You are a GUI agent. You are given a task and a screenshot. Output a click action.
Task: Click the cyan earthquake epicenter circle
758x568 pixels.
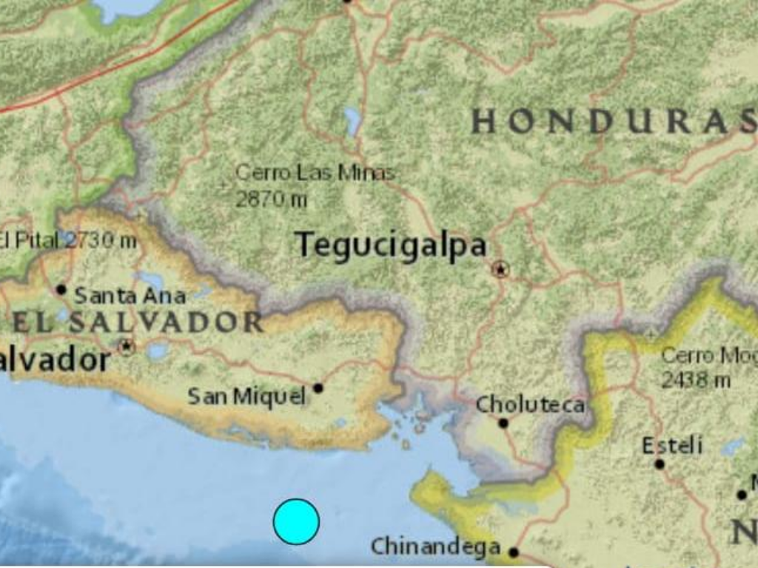[296, 521]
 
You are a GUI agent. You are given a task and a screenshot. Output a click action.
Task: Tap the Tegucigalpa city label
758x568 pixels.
[391, 246]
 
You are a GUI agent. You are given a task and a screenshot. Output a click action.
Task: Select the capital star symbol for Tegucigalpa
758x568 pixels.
[501, 269]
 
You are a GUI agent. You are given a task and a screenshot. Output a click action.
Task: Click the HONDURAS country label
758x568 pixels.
[613, 121]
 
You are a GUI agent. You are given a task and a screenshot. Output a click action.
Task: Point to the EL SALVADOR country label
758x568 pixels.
[138, 322]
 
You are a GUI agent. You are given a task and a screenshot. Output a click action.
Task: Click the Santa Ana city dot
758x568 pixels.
[61, 289]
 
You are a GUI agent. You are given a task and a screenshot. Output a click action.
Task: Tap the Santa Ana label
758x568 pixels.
[130, 296]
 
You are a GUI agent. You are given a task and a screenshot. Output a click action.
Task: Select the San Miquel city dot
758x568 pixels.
[318, 388]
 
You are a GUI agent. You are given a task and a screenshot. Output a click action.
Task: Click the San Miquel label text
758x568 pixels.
[246, 396]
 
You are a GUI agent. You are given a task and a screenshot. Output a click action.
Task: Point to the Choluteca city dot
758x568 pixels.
[503, 423]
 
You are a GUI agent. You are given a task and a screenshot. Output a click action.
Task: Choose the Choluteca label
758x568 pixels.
[530, 405]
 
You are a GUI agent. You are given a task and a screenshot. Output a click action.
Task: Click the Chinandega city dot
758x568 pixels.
[514, 552]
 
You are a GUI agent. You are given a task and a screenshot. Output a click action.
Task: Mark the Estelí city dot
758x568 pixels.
[660, 464]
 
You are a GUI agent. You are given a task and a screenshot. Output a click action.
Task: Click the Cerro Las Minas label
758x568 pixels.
[315, 173]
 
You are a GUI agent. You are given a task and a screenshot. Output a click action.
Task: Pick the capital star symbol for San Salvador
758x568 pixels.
[127, 346]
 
